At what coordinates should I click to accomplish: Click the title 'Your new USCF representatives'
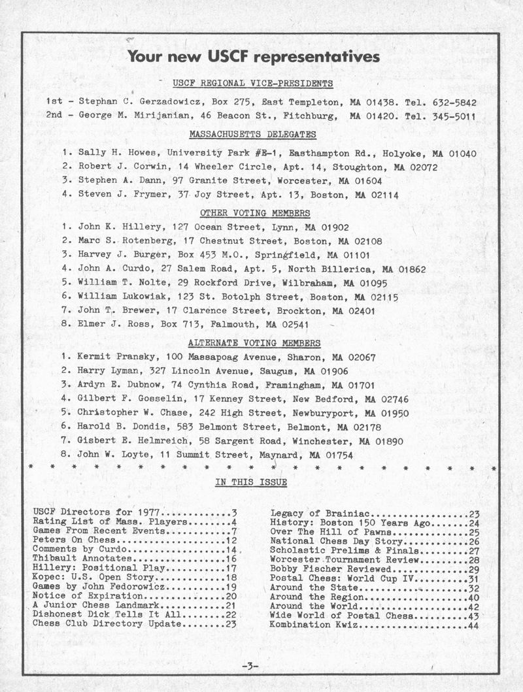click(254, 57)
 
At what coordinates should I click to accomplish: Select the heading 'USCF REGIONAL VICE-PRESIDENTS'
click(253, 84)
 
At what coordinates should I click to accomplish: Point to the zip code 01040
click(462, 154)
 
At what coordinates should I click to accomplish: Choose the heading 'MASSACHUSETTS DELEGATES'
click(252, 135)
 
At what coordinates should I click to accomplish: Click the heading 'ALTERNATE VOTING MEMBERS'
click(254, 343)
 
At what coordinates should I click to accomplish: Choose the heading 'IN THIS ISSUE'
click(251, 483)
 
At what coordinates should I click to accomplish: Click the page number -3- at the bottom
click(251, 666)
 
